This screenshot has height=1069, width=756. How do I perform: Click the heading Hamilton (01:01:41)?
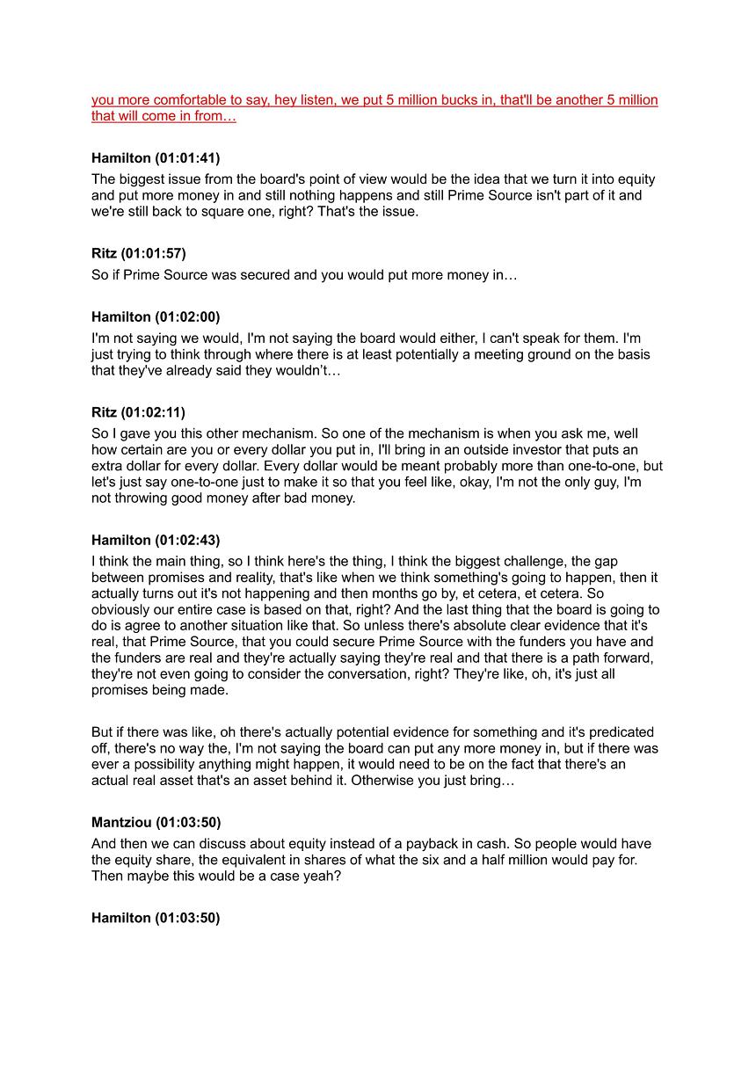click(156, 158)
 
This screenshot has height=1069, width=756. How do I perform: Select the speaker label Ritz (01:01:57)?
click(138, 254)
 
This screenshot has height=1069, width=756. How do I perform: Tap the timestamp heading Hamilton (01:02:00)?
click(156, 316)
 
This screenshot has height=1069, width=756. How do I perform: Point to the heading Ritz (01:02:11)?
click(138, 412)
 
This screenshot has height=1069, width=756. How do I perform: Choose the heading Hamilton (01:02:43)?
click(156, 540)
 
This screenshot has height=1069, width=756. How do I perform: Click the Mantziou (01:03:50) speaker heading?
click(156, 822)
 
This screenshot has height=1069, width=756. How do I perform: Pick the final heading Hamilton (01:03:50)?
click(156, 918)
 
